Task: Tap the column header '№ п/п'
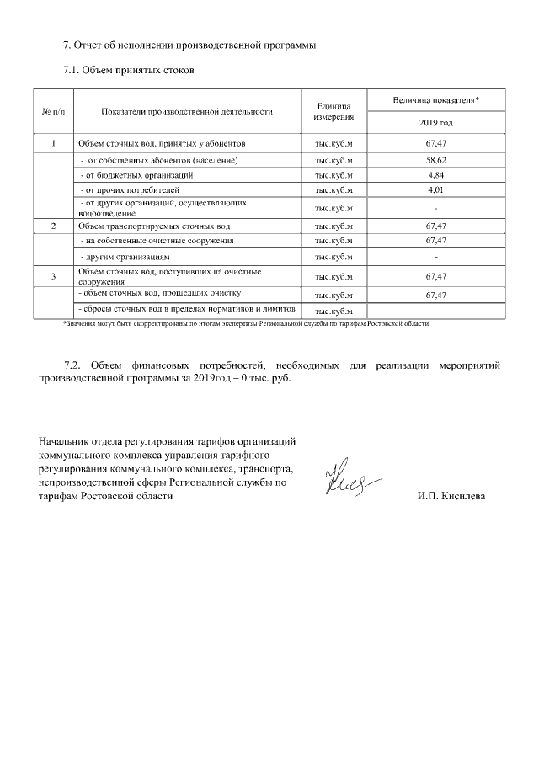coord(53,111)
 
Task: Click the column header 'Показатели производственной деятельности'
coord(186,111)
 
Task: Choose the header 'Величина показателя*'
coord(435,100)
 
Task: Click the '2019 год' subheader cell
coord(435,123)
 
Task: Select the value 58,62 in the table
coord(435,160)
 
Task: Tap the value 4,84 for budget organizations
coord(435,175)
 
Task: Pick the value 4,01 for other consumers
coord(435,190)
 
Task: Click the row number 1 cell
coord(53,144)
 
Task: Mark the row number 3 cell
coord(53,276)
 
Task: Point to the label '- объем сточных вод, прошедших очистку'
coord(159,294)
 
